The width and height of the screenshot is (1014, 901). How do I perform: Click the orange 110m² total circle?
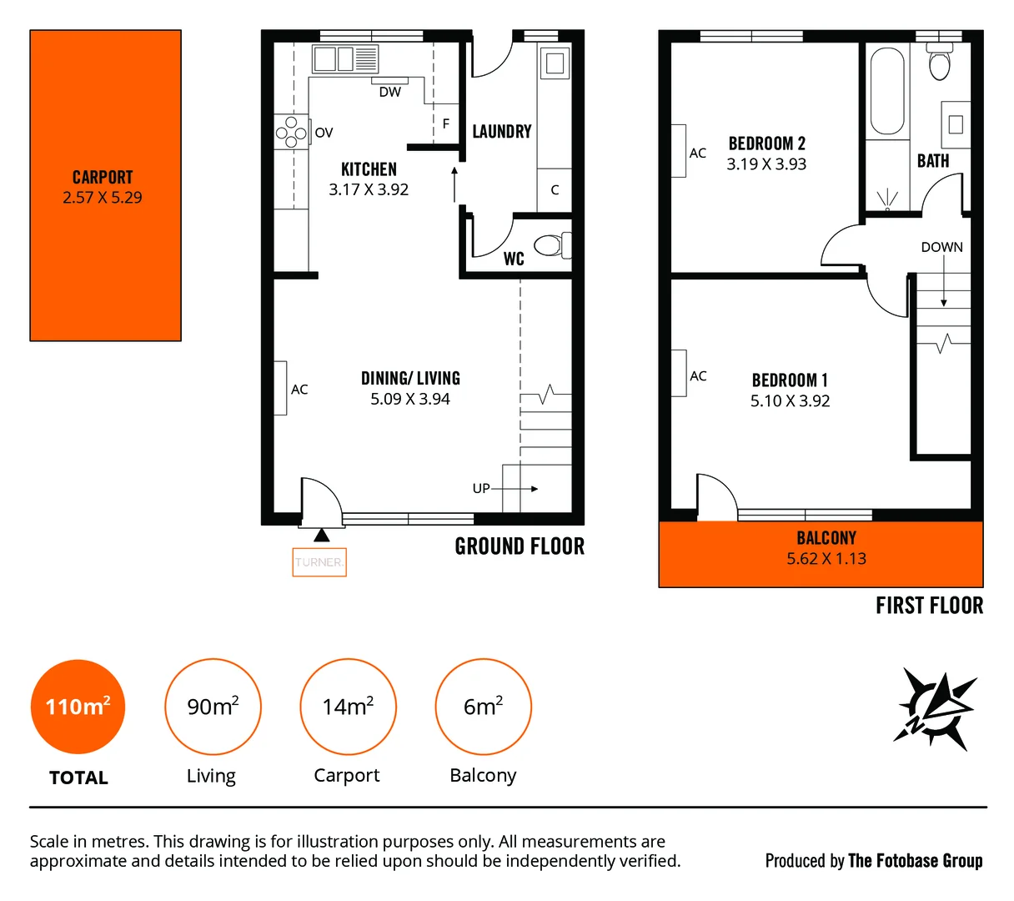coord(78,707)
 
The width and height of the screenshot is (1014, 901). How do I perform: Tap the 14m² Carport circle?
coord(348,707)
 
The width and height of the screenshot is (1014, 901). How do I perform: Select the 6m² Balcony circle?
coord(483,707)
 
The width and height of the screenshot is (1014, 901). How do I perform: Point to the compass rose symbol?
coord(936,709)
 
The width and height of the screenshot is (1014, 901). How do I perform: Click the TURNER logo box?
coord(319,562)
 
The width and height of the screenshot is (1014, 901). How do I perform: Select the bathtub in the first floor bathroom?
coord(886,91)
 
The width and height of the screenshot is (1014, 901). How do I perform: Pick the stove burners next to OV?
coord(291,132)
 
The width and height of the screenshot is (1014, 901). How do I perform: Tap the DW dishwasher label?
coord(389,93)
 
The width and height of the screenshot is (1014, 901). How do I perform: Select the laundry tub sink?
coord(555,63)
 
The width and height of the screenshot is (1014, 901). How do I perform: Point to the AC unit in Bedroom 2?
coord(679,152)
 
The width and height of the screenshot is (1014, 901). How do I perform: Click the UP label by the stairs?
coord(481,488)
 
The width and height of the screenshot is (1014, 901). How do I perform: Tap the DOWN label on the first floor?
coord(941,247)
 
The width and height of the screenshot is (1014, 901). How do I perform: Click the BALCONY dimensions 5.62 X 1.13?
coord(826,559)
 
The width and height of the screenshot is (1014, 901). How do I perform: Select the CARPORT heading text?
coord(103,177)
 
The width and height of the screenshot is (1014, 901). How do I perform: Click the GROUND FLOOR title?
coord(520,546)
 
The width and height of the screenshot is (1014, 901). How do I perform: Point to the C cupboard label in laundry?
coord(555,190)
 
